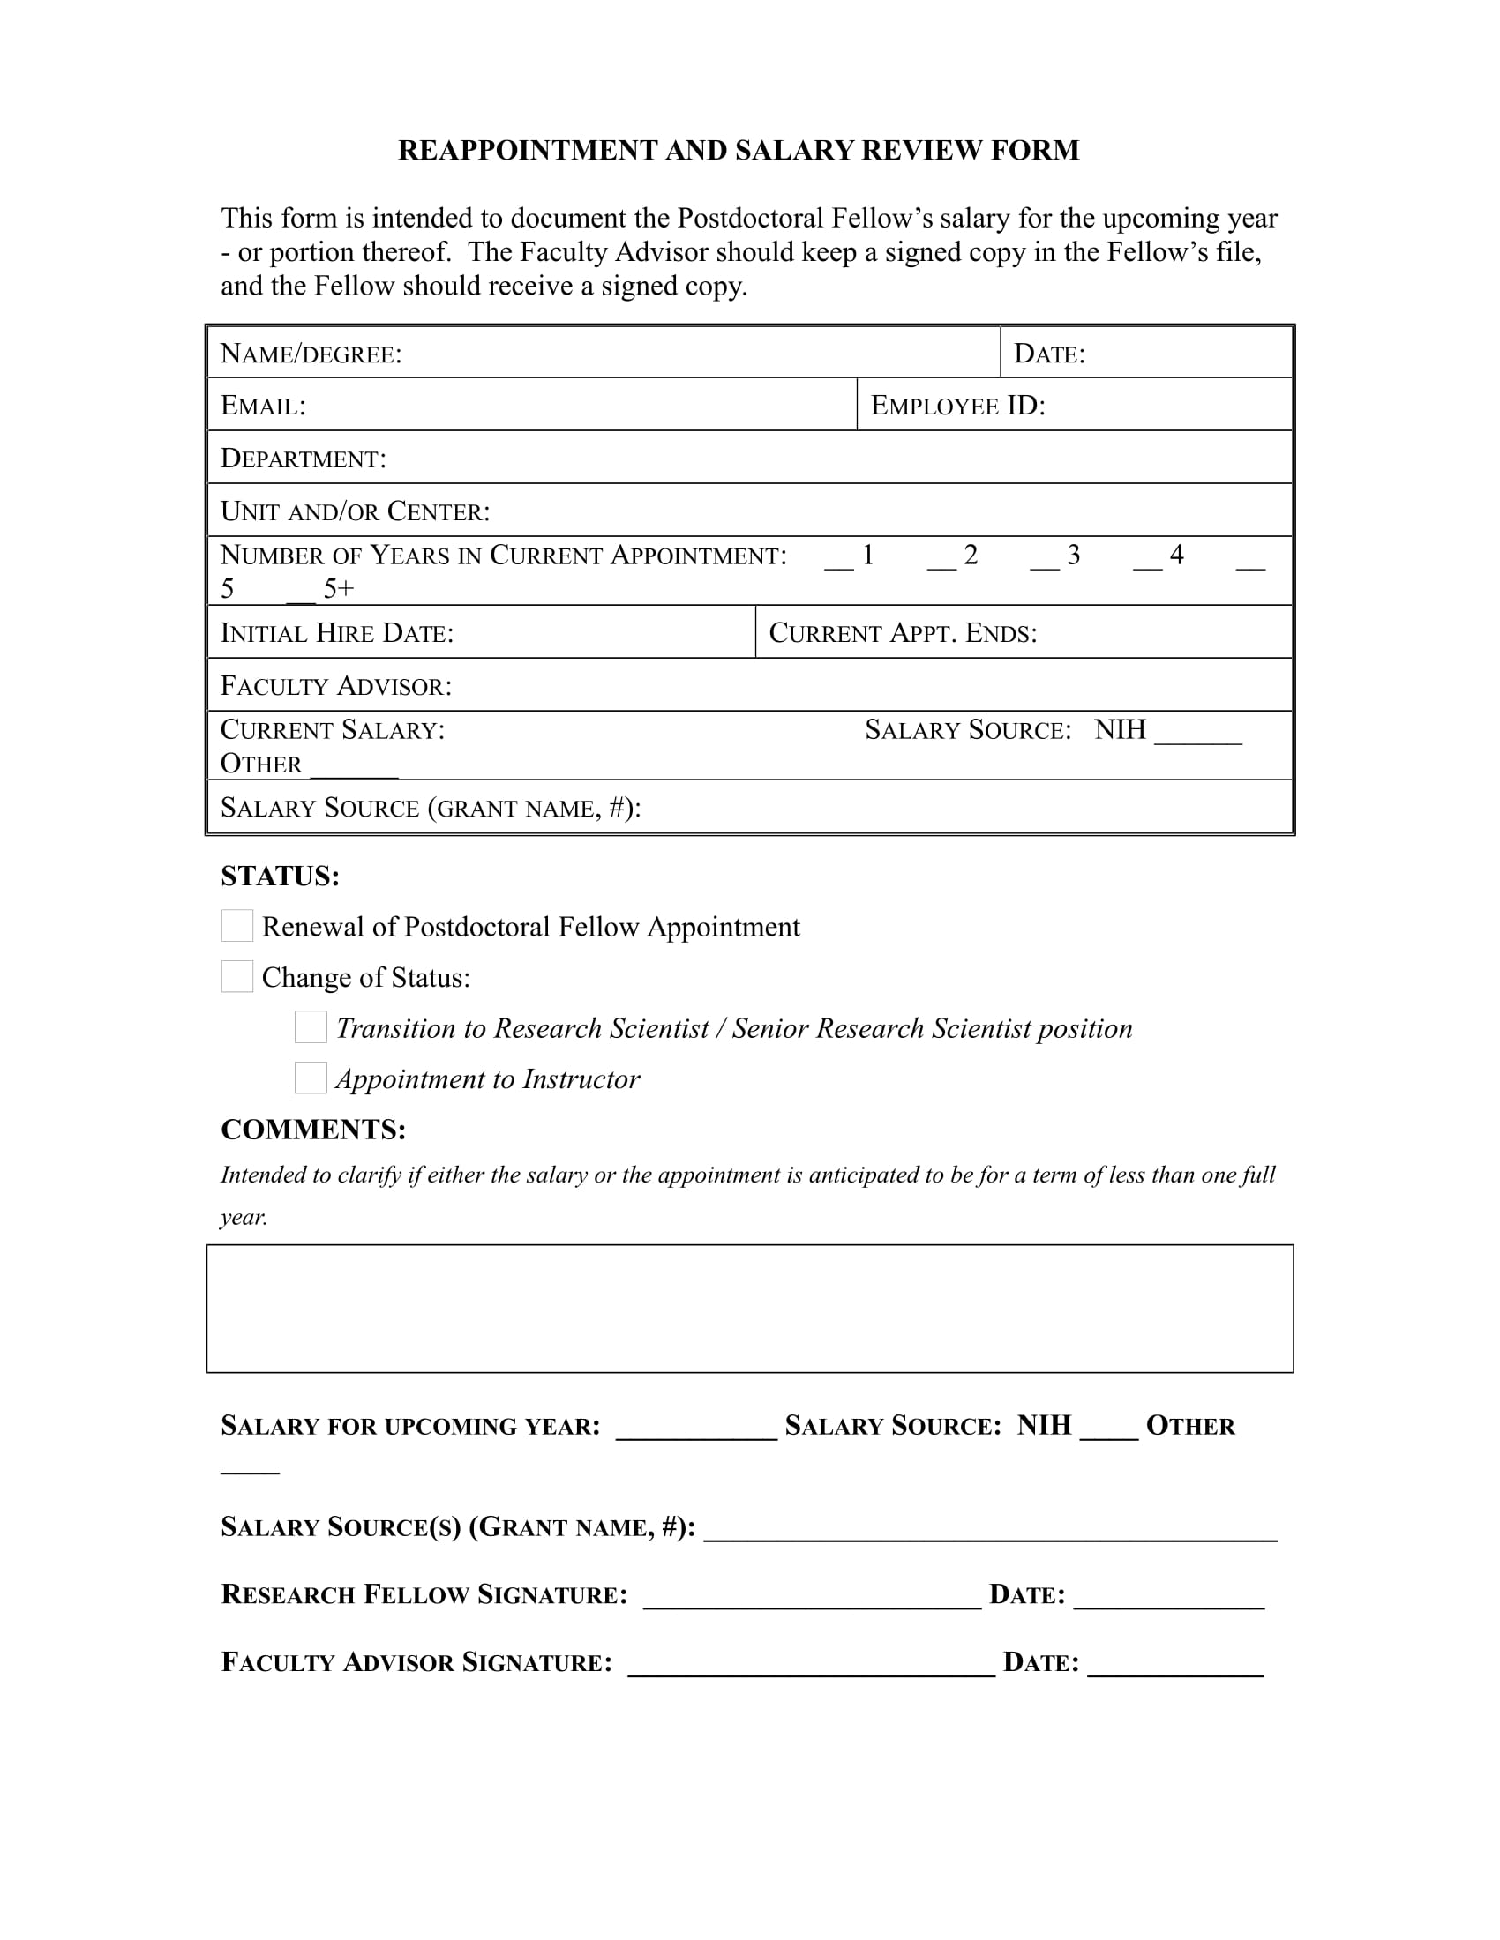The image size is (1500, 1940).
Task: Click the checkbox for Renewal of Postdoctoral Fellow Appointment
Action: coord(237,926)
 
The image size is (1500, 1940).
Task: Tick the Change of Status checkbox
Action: coord(237,976)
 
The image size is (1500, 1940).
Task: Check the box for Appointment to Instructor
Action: coord(311,1078)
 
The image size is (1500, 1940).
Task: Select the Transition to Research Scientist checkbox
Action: coord(311,1026)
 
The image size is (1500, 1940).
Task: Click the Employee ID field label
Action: coord(957,406)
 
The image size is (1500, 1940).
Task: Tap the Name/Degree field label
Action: coord(310,354)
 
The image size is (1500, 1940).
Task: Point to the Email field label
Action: coord(262,406)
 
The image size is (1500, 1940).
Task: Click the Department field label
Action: coord(303,459)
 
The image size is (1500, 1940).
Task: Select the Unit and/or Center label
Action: coord(355,511)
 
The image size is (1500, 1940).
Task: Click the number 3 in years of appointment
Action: coord(1073,556)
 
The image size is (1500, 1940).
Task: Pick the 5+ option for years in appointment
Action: coord(338,588)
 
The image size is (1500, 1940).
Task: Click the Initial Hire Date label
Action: coord(337,632)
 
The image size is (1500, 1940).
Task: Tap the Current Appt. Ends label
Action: coord(902,632)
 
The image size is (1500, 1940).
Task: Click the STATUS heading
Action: coord(280,876)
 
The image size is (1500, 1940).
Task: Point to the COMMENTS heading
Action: coord(313,1129)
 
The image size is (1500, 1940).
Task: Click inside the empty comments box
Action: coord(749,1308)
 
